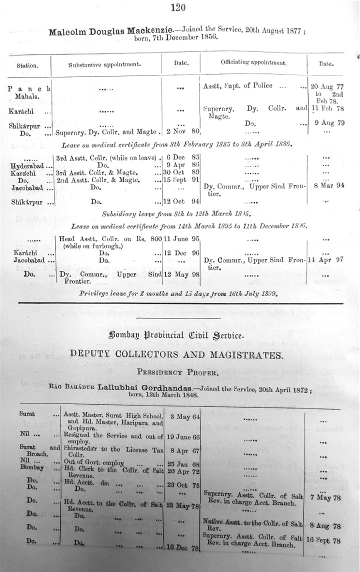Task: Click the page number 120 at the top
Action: coord(178,6)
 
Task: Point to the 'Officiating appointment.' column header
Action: coord(253,63)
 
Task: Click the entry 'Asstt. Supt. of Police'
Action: coord(238,85)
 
